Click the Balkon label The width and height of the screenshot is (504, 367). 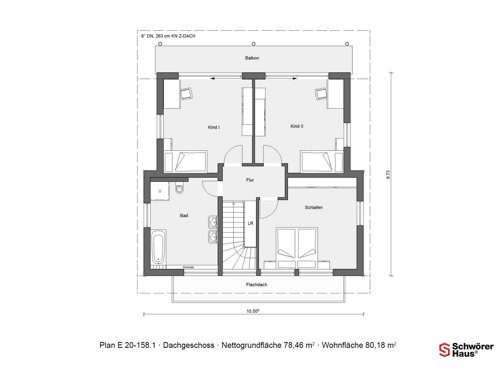[x=252, y=58]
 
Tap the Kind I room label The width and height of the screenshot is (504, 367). [x=214, y=127]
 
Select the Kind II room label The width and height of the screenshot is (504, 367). [x=297, y=126]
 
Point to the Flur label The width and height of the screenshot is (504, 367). [x=250, y=180]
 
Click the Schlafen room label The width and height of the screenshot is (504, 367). [x=314, y=207]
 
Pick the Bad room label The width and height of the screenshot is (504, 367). [x=184, y=215]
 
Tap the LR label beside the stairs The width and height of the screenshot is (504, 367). [x=250, y=223]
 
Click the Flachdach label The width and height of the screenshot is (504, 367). [x=256, y=284]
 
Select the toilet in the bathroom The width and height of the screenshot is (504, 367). [x=180, y=188]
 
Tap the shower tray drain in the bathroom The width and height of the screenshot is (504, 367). [x=160, y=191]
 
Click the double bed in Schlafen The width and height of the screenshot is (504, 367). [x=297, y=248]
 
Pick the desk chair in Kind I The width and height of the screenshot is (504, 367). [x=187, y=94]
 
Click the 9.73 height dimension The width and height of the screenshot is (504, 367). [x=388, y=175]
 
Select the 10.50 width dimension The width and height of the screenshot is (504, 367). [x=253, y=311]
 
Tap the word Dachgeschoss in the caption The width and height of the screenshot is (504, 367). [x=189, y=345]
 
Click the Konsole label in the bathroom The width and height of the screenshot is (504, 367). [x=188, y=267]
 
